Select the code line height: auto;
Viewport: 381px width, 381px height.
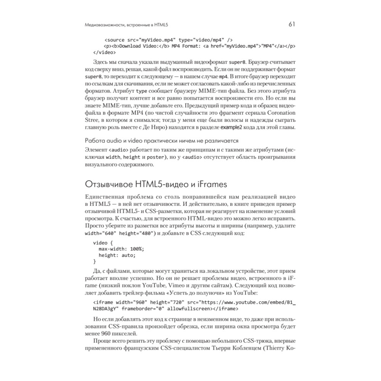click(x=117, y=255)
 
